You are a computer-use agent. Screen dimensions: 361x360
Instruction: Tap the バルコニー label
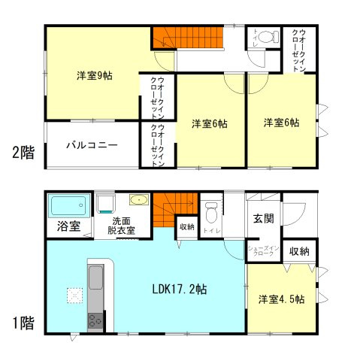click(91, 144)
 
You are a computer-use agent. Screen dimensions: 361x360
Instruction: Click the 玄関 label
click(263, 219)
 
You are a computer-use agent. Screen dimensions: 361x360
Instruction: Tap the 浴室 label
click(64, 226)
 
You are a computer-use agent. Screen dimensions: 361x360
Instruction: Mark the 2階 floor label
click(23, 153)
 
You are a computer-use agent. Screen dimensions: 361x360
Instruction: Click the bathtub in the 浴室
click(69, 205)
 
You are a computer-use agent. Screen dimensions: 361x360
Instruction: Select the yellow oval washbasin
click(139, 200)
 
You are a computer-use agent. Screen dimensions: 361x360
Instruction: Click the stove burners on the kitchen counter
click(95, 323)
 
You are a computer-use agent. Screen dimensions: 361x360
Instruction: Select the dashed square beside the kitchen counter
click(74, 294)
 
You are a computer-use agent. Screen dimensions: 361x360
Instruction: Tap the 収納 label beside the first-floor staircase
click(186, 226)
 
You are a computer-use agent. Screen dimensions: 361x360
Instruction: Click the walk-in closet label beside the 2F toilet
click(302, 49)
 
